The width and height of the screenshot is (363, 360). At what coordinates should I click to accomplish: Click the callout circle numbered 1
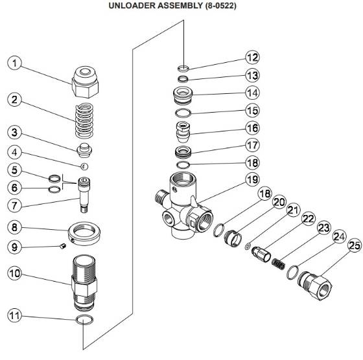point(15,64)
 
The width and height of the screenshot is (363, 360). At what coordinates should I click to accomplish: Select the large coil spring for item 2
point(86,120)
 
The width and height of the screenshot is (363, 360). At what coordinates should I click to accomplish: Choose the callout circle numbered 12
point(253,58)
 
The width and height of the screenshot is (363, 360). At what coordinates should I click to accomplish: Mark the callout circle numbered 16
point(253,127)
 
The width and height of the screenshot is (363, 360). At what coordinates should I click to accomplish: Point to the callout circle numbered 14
point(253,92)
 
